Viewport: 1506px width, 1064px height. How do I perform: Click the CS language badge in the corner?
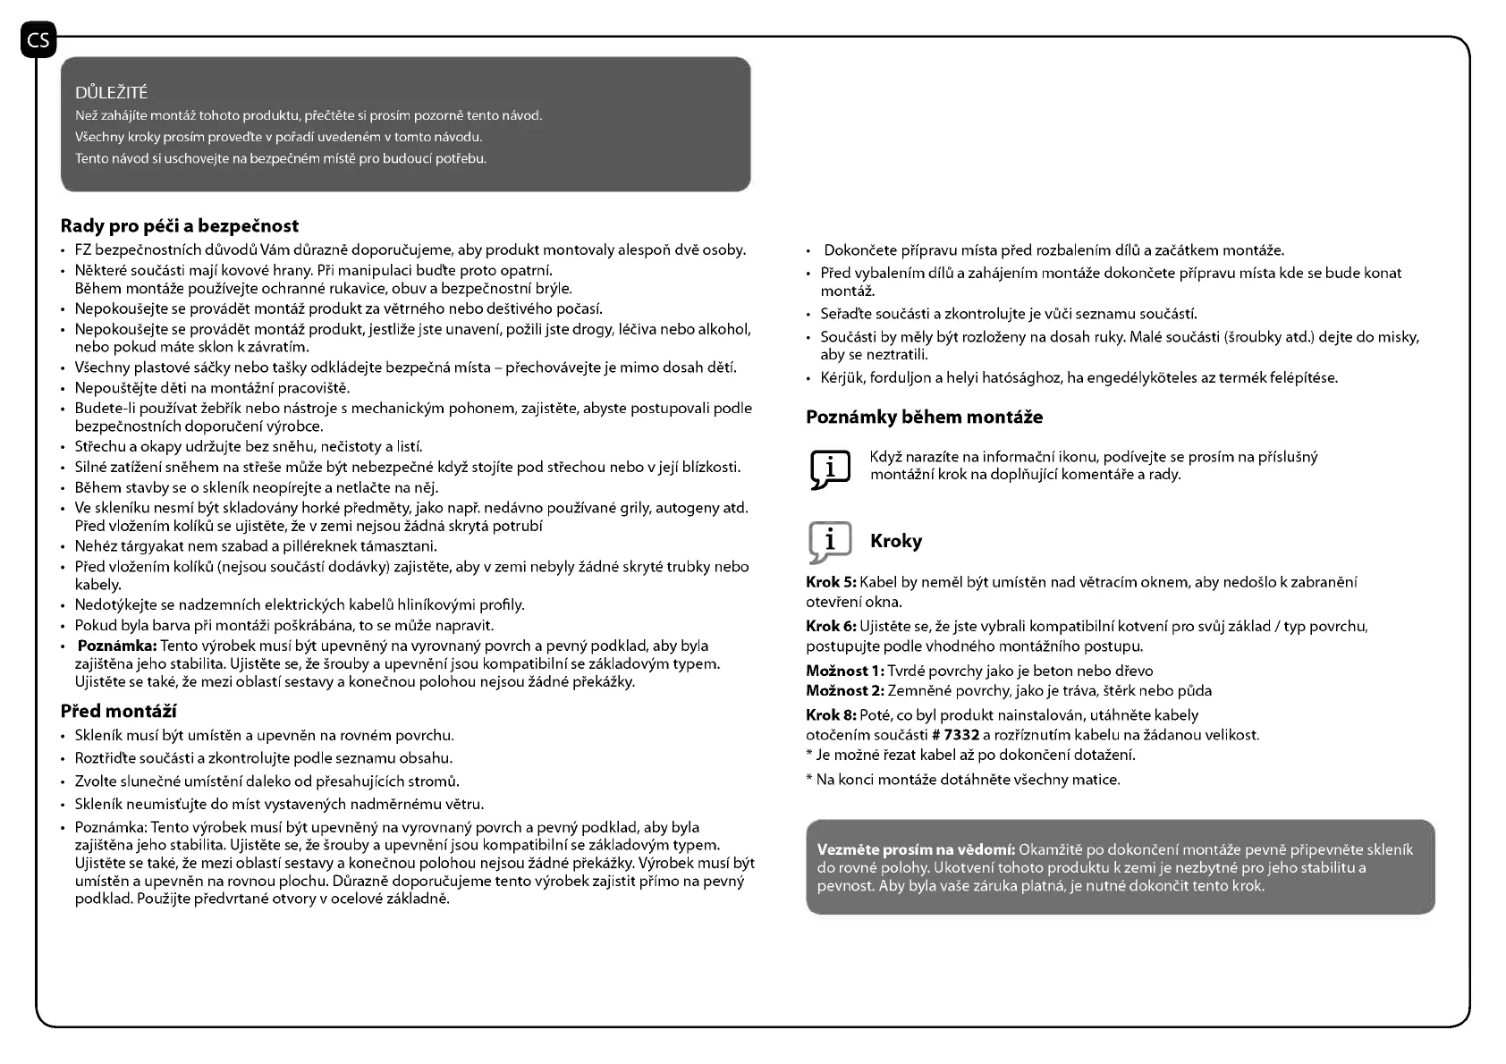pyautogui.click(x=38, y=40)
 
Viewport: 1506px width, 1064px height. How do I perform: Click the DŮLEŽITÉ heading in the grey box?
pyautogui.click(x=112, y=93)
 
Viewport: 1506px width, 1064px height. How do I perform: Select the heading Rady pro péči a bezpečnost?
pyautogui.click(x=179, y=225)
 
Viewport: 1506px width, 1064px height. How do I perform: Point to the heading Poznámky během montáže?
pyautogui.click(x=924, y=417)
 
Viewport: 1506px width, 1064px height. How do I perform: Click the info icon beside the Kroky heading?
pyautogui.click(x=830, y=542)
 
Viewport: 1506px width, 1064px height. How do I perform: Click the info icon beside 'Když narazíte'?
pyautogui.click(x=830, y=468)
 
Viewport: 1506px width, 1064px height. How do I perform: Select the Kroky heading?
pyautogui.click(x=895, y=541)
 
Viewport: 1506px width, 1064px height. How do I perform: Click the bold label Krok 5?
pyautogui.click(x=831, y=583)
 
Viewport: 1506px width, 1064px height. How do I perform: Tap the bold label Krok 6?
pyautogui.click(x=831, y=626)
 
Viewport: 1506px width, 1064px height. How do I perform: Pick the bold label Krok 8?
pyautogui.click(x=831, y=715)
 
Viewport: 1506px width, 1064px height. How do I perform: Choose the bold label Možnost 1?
pyautogui.click(x=844, y=671)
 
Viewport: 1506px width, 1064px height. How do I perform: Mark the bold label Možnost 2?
pyautogui.click(x=844, y=690)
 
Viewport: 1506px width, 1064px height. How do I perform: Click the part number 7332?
pyautogui.click(x=961, y=735)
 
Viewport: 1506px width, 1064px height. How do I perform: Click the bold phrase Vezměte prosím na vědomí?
pyautogui.click(x=916, y=849)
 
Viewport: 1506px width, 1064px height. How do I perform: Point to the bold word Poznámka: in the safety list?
pyautogui.click(x=117, y=646)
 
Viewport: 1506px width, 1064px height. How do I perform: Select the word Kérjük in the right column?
pyautogui.click(x=842, y=377)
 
